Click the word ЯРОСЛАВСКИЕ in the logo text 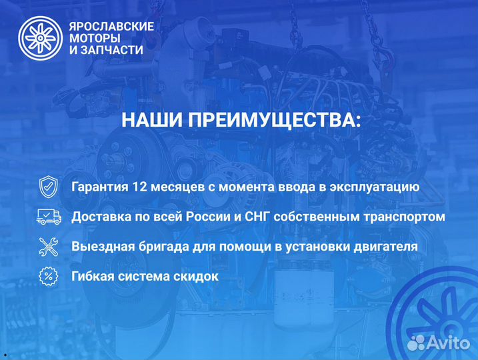tap(111, 26)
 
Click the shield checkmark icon tap(48, 187)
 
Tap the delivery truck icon tap(48, 217)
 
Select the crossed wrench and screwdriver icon tap(48, 246)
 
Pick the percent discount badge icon tap(48, 275)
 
